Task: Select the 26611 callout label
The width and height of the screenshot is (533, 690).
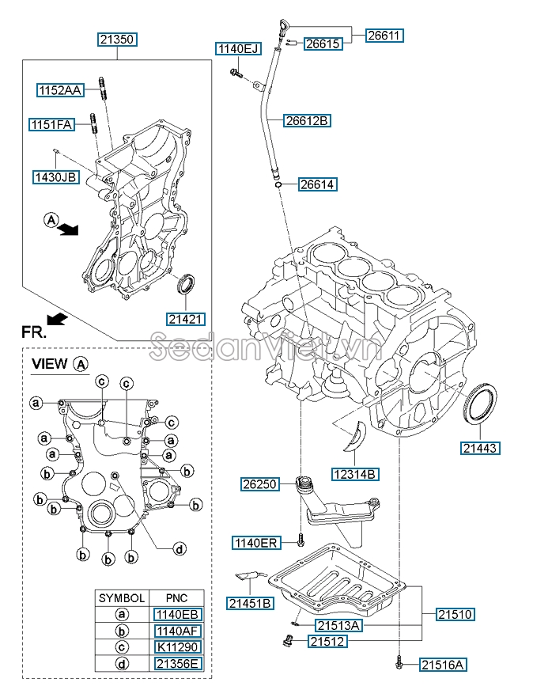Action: point(384,35)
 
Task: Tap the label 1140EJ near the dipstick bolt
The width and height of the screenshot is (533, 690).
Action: point(238,49)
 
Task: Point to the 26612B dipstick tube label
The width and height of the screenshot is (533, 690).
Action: point(307,121)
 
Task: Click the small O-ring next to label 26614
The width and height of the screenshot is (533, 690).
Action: point(280,185)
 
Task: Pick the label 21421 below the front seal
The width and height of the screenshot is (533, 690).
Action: point(187,319)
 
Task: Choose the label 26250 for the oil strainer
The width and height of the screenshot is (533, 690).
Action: point(261,483)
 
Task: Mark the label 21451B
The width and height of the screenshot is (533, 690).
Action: point(250,604)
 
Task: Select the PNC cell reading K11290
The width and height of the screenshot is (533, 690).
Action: point(178,647)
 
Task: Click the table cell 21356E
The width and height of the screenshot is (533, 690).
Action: point(178,663)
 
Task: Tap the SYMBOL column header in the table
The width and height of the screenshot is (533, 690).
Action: point(121,598)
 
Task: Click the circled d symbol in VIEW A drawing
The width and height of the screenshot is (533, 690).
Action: point(180,548)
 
